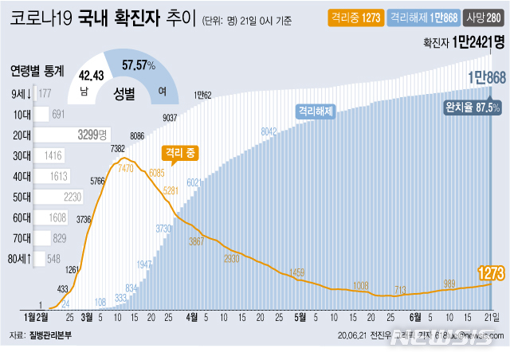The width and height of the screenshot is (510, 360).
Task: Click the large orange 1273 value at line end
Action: point(491,274)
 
